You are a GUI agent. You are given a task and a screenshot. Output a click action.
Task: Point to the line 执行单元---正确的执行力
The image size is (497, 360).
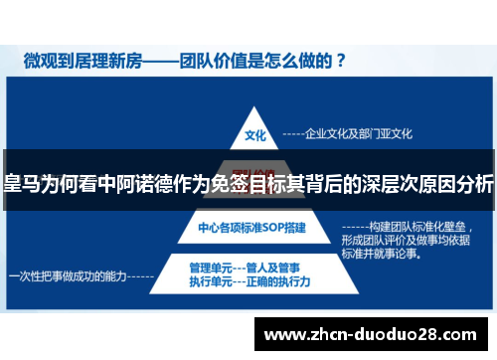pyautogui.click(x=248, y=281)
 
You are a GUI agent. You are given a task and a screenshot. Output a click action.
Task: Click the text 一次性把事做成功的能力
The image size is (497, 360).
pyautogui.click(x=67, y=275)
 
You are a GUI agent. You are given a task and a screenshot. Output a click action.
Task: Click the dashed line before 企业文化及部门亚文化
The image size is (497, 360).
pyautogui.click(x=293, y=132)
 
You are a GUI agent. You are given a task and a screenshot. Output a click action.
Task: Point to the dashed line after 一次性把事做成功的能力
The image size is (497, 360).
pyautogui.click(x=140, y=275)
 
